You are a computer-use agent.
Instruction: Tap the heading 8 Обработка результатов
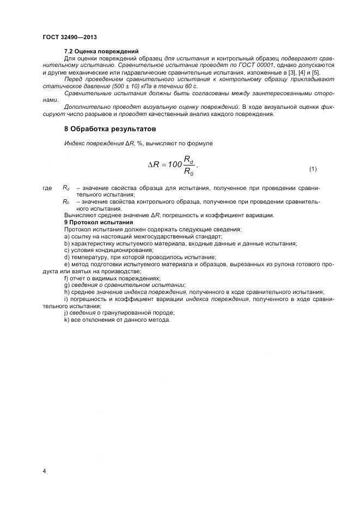click(110, 129)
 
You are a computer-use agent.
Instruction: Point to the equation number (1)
click(313, 169)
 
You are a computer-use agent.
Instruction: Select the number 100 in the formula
click(174, 164)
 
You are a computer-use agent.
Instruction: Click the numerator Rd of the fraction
click(188, 159)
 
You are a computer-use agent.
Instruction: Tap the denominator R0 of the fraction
click(188, 172)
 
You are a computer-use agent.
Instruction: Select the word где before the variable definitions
click(47, 188)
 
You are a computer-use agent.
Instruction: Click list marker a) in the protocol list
click(67, 237)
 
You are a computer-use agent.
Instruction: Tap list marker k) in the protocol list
click(67, 320)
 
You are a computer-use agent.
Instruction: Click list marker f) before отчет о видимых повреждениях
click(66, 278)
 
